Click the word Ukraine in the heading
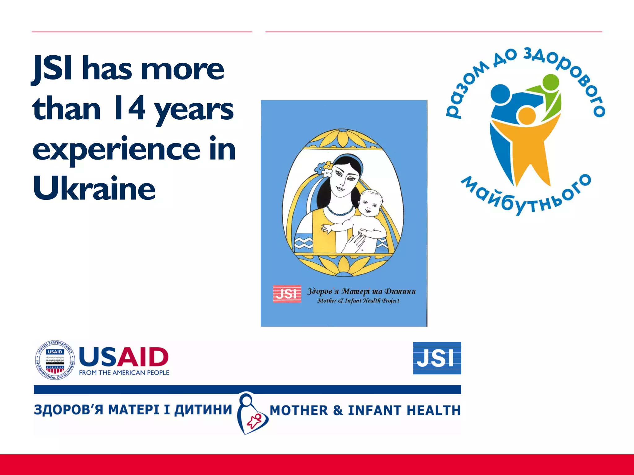(x=94, y=188)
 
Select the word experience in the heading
(x=116, y=150)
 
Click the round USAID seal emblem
(x=55, y=360)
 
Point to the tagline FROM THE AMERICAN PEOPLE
(x=124, y=373)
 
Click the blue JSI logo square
(x=437, y=358)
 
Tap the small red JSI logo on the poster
(x=287, y=294)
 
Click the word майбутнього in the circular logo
(x=526, y=198)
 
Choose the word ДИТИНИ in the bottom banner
(x=203, y=409)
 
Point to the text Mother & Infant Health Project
(x=358, y=301)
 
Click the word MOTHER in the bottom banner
(x=299, y=410)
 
